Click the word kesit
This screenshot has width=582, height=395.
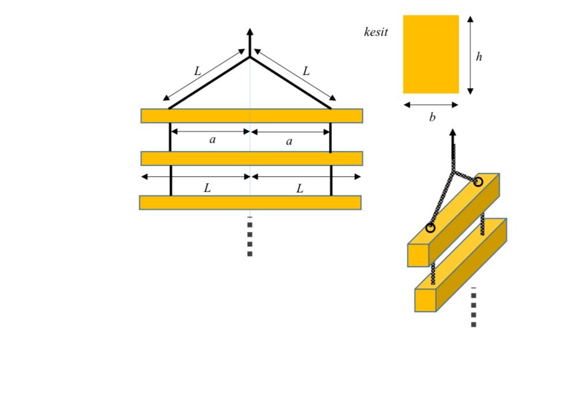coord(376,32)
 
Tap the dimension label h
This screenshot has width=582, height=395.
coord(479,56)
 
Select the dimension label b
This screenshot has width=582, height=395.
coord(432,118)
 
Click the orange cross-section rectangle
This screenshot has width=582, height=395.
coord(430,54)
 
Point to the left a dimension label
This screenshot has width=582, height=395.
coord(212,140)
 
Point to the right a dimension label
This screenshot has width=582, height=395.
coord(289,141)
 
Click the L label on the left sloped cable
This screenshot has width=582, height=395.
coord(197,72)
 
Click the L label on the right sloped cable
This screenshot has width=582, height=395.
coord(306,71)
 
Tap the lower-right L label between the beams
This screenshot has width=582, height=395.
coord(300,188)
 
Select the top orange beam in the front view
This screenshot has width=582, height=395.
coord(252,116)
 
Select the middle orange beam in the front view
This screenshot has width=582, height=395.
coord(252,158)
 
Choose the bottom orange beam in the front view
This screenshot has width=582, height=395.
coord(250,203)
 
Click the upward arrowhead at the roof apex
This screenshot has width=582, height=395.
coord(250,32)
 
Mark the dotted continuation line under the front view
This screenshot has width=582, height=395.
coord(250,237)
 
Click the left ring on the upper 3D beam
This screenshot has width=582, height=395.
coord(430,228)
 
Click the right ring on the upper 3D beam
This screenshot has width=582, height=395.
coord(478,182)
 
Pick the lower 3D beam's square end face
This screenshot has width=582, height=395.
coord(425,300)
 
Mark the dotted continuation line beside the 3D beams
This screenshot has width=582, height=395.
coord(474,308)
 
